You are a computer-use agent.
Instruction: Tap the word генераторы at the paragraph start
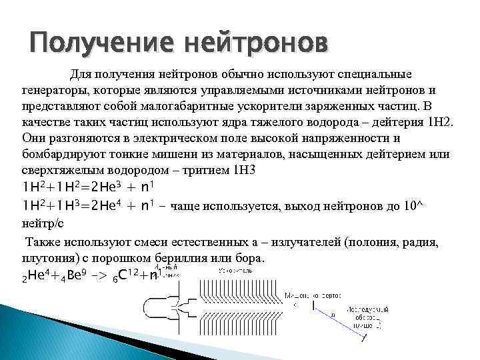pyautogui.click(x=53, y=89)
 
